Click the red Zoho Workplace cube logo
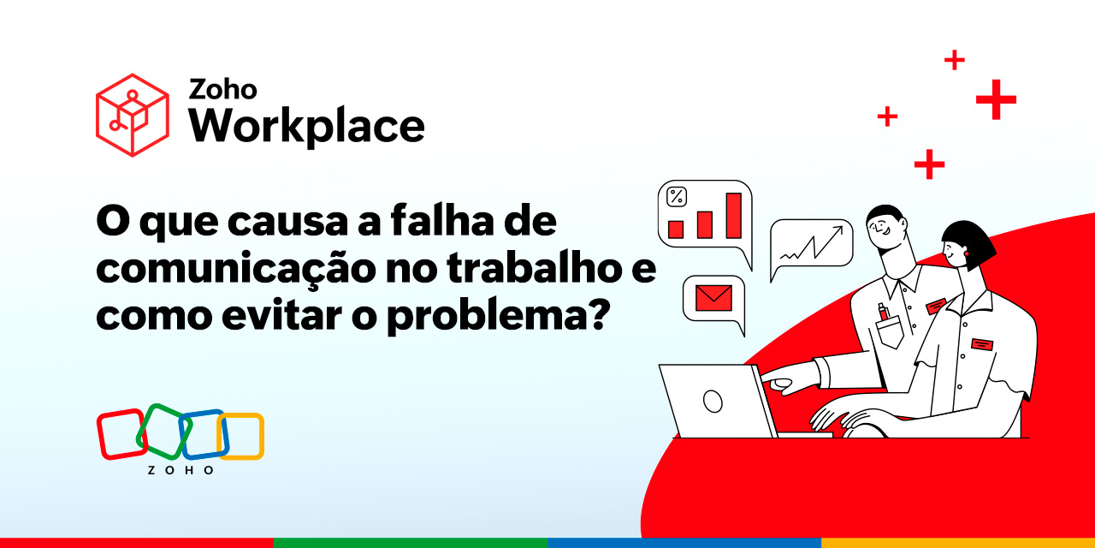(132, 115)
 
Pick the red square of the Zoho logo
(121, 434)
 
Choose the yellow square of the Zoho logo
(241, 436)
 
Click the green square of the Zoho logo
(163, 430)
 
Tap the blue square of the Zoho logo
(203, 434)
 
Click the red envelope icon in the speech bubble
(713, 297)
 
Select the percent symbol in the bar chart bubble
(676, 197)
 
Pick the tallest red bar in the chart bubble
(733, 215)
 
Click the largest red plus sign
(996, 99)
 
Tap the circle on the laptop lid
(712, 399)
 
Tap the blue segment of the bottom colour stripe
(684, 543)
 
